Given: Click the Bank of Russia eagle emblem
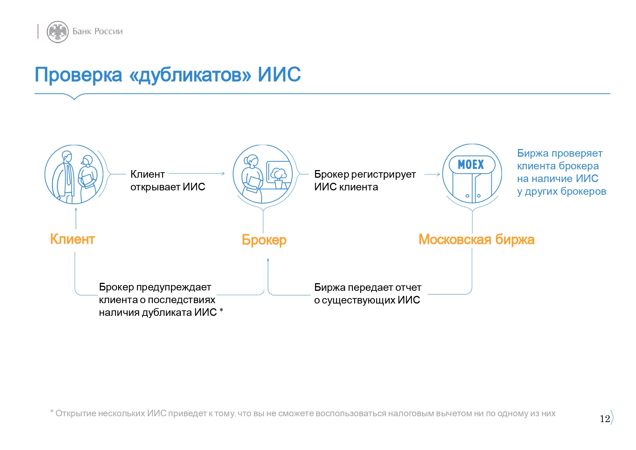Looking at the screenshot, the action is pyautogui.click(x=58, y=32).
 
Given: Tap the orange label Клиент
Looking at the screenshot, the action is pyautogui.click(x=72, y=239).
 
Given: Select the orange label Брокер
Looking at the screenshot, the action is pyautogui.click(x=264, y=240).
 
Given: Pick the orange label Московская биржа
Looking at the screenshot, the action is pyautogui.click(x=477, y=239).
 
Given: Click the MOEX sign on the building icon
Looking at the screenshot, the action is pyautogui.click(x=471, y=165).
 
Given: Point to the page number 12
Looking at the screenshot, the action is pyautogui.click(x=605, y=419).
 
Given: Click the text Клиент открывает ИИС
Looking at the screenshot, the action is pyautogui.click(x=168, y=181).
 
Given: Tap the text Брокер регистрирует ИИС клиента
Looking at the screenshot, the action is pyautogui.click(x=365, y=181).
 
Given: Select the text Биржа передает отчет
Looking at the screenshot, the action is pyautogui.click(x=368, y=288).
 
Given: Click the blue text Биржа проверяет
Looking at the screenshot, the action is pyautogui.click(x=560, y=153).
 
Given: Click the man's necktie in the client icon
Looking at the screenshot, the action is pyautogui.click(x=68, y=174).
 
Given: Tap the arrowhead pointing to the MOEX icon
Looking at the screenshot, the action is pyautogui.click(x=438, y=174).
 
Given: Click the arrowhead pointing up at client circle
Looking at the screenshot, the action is pyautogui.click(x=76, y=209).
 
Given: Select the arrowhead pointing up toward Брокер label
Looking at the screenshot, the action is pyautogui.click(x=268, y=260).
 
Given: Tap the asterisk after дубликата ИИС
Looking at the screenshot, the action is pyautogui.click(x=221, y=310).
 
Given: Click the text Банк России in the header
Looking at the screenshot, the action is pyautogui.click(x=97, y=32).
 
